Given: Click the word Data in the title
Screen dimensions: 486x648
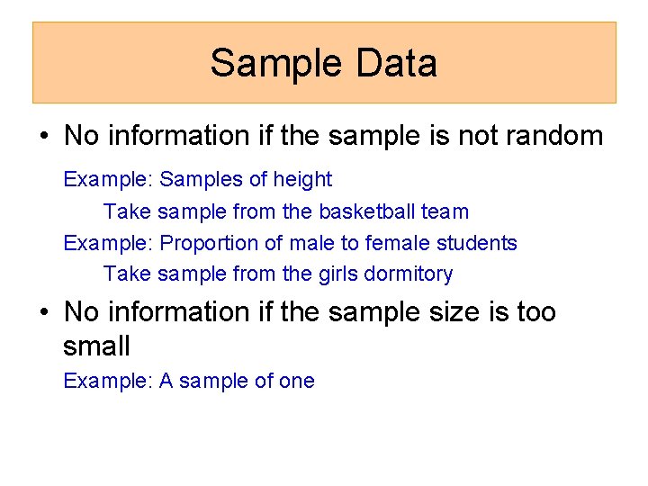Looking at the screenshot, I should coord(396,63).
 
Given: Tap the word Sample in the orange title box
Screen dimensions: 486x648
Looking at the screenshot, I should coord(276,63).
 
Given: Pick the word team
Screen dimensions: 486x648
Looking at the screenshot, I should coord(445,212).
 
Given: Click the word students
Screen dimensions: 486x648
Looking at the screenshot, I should coord(478,243).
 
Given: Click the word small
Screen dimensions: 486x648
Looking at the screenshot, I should coord(96,346).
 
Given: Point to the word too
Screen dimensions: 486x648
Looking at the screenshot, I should coord(536,312).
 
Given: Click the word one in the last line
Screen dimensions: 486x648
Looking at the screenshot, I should coord(297,382).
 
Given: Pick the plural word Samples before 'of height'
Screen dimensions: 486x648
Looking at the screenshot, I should coord(201,180).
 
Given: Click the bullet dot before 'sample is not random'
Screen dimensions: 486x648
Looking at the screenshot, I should coord(43,137).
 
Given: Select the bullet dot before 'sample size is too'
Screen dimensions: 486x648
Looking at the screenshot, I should coord(43,313).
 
